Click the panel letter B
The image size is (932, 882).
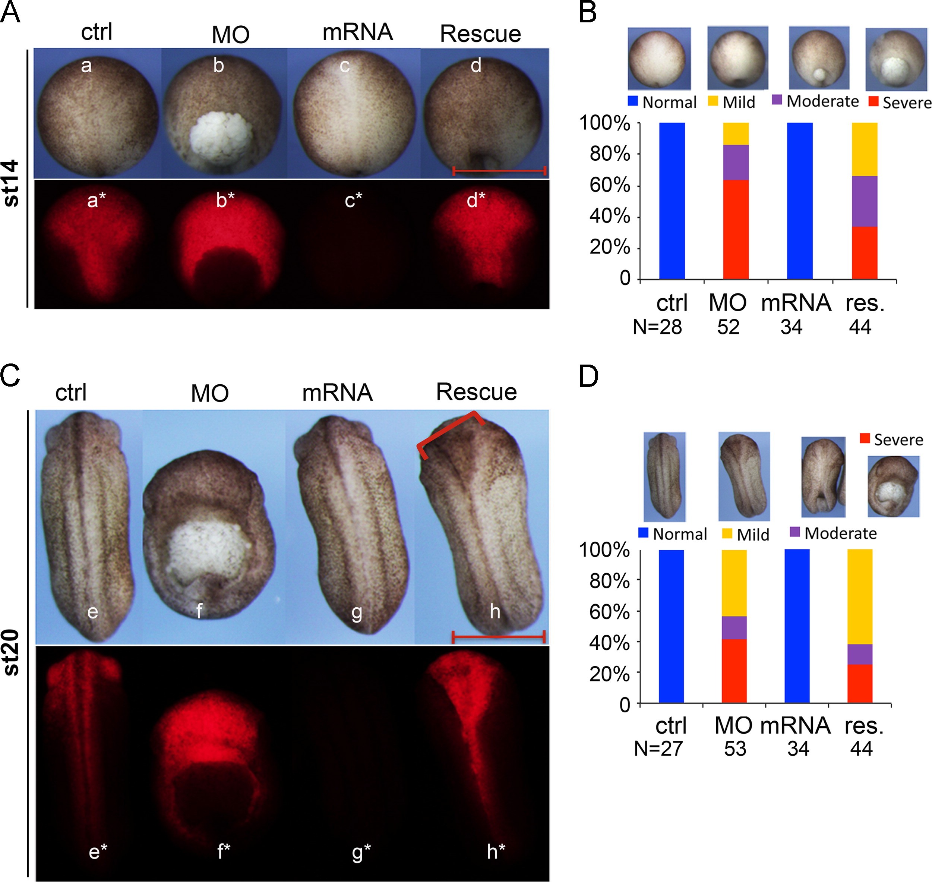tap(588, 13)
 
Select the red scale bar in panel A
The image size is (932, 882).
tap(499, 171)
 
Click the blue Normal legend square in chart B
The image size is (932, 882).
tap(633, 101)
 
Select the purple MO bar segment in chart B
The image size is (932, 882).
tap(736, 162)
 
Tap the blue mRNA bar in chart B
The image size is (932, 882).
tap(800, 201)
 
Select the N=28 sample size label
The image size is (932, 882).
tap(657, 327)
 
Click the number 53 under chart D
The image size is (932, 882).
tap(735, 749)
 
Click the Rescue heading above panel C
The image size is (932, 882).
tap(476, 392)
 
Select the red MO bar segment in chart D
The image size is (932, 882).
tap(734, 671)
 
